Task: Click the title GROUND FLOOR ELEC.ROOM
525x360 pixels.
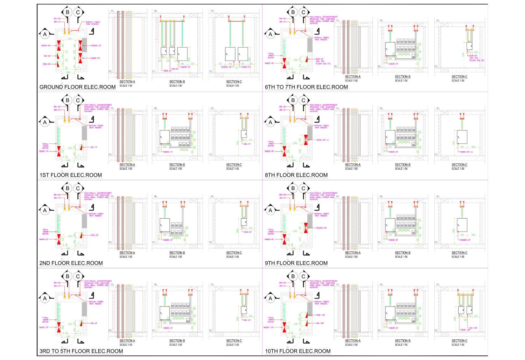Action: pos(77,87)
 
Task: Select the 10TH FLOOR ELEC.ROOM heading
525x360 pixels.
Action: pos(297,351)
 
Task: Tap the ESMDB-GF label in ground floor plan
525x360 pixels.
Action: pos(96,45)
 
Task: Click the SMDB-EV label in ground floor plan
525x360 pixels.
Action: pos(95,58)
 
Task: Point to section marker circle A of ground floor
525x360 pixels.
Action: pos(45,34)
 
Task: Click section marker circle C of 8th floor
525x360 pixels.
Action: pos(303,100)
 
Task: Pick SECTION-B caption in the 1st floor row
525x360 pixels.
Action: pos(177,165)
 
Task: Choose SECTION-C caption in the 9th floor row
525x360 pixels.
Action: pos(459,253)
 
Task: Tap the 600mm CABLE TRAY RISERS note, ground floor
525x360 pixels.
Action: pos(93,23)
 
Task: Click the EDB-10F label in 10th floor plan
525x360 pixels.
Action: pos(321,315)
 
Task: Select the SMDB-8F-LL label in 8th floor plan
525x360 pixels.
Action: pos(322,140)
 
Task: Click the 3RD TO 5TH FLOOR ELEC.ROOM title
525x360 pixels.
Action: pos(81,351)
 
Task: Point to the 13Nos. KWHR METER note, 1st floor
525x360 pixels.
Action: pos(45,146)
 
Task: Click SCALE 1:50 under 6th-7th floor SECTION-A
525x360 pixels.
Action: pos(351,81)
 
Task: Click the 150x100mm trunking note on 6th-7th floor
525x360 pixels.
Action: pos(323,20)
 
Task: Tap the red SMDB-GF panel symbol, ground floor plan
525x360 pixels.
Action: pos(59,45)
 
